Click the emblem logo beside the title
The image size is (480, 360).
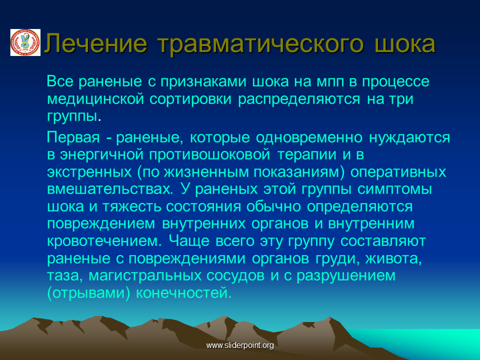click(25, 42)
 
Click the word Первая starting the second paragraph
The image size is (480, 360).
click(73, 138)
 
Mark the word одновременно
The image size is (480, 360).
click(309, 137)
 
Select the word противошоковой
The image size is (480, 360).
click(209, 154)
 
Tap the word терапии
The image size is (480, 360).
click(307, 154)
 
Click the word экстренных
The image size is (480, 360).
click(89, 172)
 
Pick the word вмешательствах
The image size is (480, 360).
click(110, 189)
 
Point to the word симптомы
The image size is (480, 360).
click(394, 189)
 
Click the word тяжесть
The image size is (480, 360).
click(131, 206)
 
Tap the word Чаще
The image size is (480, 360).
click(189, 241)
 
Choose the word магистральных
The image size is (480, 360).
click(145, 275)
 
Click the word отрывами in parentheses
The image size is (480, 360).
click(89, 293)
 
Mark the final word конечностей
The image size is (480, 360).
click(183, 293)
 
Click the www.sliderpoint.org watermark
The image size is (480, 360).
click(240, 345)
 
